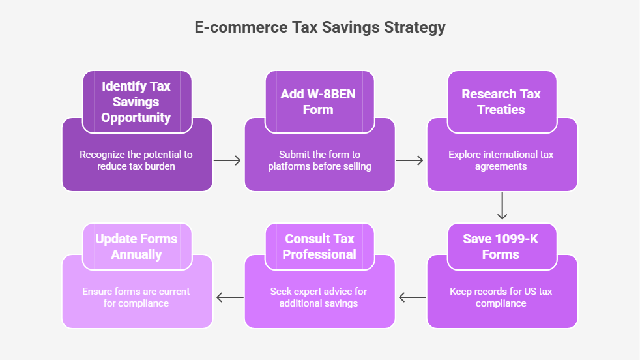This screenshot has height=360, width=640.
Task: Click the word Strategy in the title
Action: click(x=415, y=28)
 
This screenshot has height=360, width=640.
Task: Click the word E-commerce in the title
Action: click(x=241, y=27)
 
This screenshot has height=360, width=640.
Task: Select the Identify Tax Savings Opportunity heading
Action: click(x=136, y=102)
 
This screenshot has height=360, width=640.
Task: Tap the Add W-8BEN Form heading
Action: click(x=318, y=102)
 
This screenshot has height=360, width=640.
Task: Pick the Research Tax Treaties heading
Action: click(x=501, y=102)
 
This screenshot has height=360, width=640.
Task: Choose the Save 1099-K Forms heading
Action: click(x=501, y=247)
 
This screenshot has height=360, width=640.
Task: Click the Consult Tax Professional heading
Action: click(x=319, y=247)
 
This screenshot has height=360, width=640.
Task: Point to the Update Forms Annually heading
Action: click(x=136, y=247)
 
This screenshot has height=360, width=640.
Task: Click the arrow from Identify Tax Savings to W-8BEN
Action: click(x=227, y=160)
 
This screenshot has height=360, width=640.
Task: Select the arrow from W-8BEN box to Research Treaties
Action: click(x=409, y=160)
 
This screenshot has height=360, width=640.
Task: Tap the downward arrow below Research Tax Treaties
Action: click(x=502, y=206)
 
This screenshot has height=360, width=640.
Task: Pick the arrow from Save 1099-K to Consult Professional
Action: click(x=413, y=297)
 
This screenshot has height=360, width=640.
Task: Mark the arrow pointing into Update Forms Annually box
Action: click(x=230, y=297)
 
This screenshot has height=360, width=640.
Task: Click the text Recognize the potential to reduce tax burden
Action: click(x=136, y=160)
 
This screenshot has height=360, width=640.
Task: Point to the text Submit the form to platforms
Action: click(x=319, y=160)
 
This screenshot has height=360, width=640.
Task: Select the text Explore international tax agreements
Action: click(x=501, y=160)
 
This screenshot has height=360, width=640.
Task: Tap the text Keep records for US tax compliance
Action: click(x=501, y=297)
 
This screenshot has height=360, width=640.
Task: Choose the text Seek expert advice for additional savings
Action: click(x=318, y=297)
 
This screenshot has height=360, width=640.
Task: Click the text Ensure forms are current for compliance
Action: click(x=136, y=297)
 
